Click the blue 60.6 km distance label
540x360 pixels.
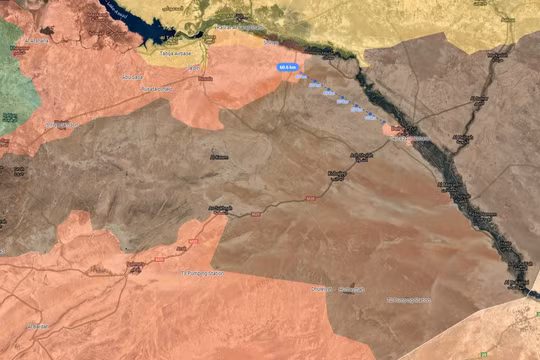pos(288,67)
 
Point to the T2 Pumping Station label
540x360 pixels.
pos(409,298)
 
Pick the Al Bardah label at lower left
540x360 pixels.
pos(38,326)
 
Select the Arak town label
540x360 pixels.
pos(181,248)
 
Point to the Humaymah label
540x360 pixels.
pos(322,290)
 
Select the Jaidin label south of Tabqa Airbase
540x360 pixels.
pos(205,77)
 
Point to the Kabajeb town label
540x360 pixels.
pos(336,174)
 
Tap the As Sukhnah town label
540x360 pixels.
pos(220,208)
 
